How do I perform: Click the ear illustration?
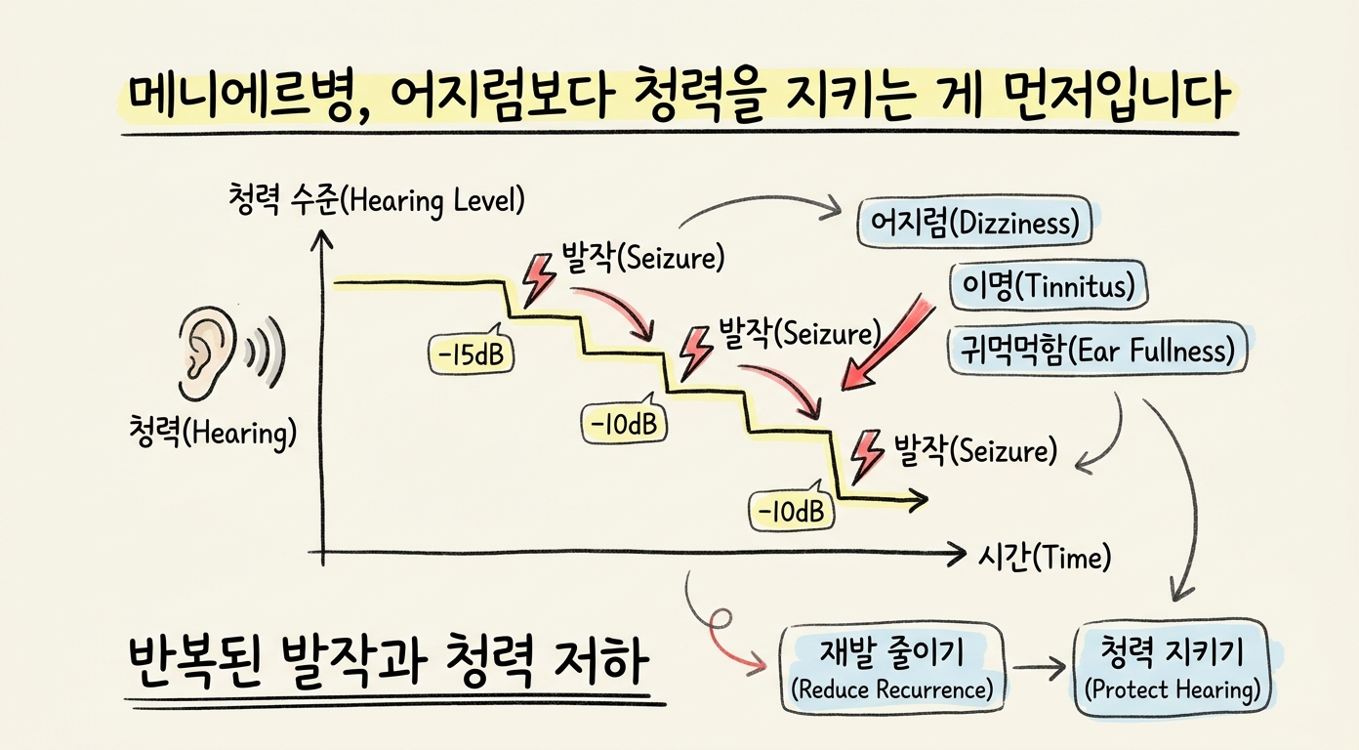coord(206,352)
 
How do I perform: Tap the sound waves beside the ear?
coord(266,352)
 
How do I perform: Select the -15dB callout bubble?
coord(471,354)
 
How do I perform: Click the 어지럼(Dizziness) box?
coord(974,222)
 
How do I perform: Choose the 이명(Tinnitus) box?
coord(1049,285)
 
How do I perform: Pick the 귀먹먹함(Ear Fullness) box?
coord(1098,351)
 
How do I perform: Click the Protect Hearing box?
coord(1173,668)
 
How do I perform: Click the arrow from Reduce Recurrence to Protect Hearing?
coord(1039,668)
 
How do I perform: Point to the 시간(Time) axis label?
coord(1044,557)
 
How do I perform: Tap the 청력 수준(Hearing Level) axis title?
coord(376,200)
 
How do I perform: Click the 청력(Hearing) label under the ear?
coord(213,433)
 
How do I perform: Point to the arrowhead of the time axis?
coord(958,554)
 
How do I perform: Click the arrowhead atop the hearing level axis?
coord(321,239)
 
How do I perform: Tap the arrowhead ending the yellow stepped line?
coord(919,499)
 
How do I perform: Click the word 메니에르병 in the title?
coord(241,97)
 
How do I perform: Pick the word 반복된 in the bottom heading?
coord(194,663)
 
